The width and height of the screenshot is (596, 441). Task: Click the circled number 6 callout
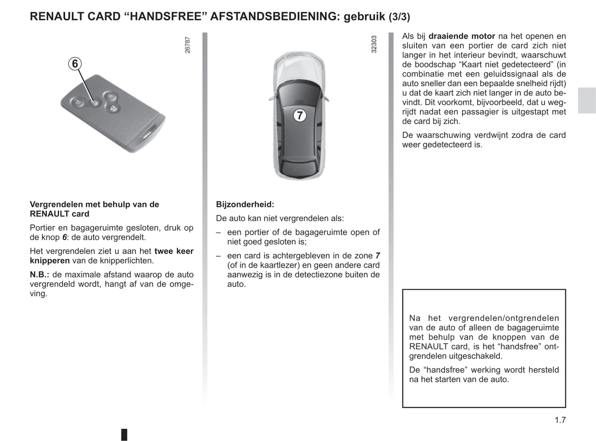(x=75, y=64)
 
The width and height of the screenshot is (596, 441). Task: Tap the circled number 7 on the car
(x=300, y=115)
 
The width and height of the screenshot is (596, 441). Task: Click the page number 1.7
(x=560, y=420)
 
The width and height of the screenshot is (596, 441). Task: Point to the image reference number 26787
(x=188, y=45)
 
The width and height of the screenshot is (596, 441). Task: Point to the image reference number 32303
(x=374, y=44)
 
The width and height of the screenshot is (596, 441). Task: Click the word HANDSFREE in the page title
(x=165, y=17)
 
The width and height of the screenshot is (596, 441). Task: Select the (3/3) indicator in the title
(x=399, y=17)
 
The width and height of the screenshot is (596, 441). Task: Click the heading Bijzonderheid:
(x=245, y=204)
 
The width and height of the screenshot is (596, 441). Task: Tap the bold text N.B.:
(x=40, y=274)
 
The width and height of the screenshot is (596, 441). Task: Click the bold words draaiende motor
(x=462, y=36)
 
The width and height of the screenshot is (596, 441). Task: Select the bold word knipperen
(x=49, y=260)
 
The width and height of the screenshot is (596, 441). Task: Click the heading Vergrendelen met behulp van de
(x=94, y=204)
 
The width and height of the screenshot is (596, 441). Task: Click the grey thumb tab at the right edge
(x=587, y=100)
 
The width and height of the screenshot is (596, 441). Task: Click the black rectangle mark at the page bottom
(x=124, y=434)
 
